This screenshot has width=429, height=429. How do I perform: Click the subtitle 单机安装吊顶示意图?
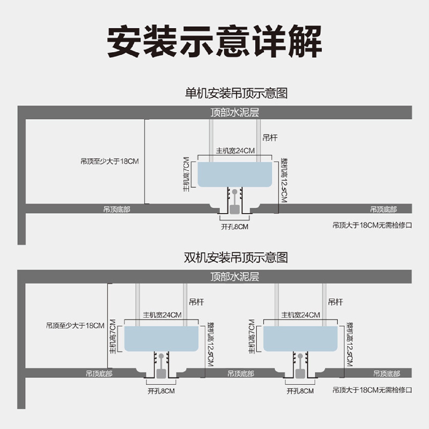[x=236, y=93]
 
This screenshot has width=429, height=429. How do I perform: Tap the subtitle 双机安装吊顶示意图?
[x=236, y=257]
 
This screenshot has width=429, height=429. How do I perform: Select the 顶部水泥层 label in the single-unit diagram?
[x=235, y=112]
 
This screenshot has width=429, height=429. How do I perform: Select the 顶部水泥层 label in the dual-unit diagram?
[x=235, y=277]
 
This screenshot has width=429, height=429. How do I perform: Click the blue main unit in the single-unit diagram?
[x=235, y=174]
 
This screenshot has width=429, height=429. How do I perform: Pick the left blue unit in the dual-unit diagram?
[x=161, y=339]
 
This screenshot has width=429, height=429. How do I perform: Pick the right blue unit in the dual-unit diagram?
[x=300, y=339]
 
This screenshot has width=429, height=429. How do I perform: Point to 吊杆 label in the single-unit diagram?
[x=270, y=138]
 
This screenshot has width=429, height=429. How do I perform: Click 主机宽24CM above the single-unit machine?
[x=235, y=151]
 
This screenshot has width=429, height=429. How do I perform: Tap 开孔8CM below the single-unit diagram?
[x=235, y=227]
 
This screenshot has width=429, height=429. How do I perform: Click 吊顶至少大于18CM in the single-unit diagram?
[x=110, y=161]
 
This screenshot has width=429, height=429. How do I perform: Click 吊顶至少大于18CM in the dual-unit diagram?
[x=75, y=326]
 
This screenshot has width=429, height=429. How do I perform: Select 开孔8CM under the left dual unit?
[x=161, y=391]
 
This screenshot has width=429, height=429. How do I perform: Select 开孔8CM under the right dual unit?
[x=300, y=391]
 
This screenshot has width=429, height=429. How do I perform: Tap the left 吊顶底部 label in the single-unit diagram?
[x=117, y=209]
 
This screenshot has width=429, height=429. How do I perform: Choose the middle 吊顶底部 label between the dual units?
[x=241, y=374]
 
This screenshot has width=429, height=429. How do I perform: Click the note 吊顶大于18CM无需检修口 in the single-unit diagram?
[x=372, y=225]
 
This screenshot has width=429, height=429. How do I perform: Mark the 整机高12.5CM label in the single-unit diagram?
[x=284, y=180]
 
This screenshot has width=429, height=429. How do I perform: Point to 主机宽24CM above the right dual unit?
[x=301, y=315]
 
